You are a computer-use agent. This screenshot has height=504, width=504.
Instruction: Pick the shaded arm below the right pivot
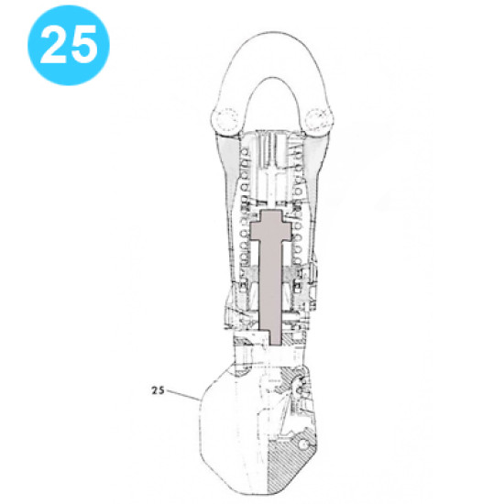316,156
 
